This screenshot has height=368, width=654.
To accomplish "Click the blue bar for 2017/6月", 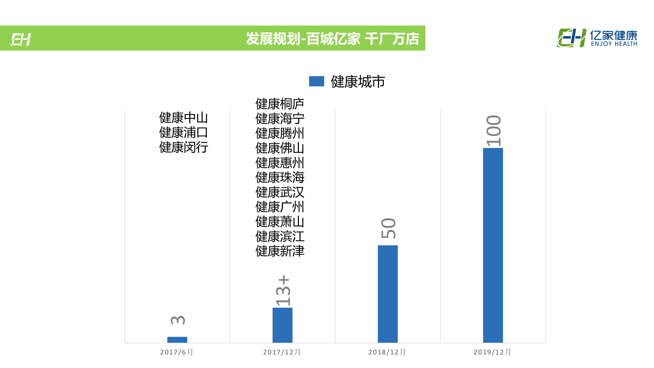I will point(177,340).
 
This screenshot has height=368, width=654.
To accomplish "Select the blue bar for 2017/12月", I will point(282,325).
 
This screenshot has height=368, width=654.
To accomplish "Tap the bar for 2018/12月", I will point(388,294).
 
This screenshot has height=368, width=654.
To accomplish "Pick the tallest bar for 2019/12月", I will point(493,245).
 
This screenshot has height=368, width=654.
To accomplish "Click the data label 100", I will point(494,131).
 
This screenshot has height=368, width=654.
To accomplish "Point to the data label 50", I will point(388,228).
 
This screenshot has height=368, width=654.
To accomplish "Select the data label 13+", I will point(283,291).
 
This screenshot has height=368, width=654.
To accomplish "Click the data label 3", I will point(178,320).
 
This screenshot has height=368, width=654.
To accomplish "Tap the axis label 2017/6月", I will point(177,352).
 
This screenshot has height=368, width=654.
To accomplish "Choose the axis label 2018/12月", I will point(387,352).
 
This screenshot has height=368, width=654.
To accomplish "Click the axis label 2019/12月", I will point(493,352).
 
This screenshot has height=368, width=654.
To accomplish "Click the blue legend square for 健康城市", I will point(317,81).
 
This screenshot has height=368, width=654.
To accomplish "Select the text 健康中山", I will point(183,118).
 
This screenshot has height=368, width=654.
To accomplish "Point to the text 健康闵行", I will point(183,147).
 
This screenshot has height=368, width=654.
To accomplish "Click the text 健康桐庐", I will point(280,104).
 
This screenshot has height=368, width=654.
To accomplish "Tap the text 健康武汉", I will point(280,192).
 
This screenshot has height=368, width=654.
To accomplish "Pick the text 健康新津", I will point(280,251).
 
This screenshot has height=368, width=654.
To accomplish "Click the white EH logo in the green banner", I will point(21,40).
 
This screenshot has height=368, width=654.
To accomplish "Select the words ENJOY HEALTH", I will point(614,44).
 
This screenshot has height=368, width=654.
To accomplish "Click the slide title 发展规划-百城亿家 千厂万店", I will point(332,39).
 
